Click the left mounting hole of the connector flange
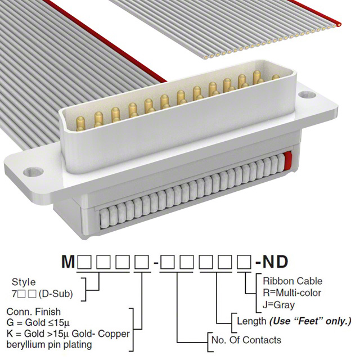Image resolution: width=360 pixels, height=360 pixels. click(x=33, y=172)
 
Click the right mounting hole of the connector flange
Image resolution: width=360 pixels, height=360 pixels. click(x=307, y=94)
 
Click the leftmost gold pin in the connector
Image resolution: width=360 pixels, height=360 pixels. click(x=80, y=124)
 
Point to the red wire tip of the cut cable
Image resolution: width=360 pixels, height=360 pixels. click(x=338, y=24)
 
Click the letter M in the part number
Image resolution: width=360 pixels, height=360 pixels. click(x=68, y=262)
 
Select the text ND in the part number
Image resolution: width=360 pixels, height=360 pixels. click(x=275, y=262)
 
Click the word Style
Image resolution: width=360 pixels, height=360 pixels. click(x=24, y=282)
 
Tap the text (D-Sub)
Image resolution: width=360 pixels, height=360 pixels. click(x=56, y=294)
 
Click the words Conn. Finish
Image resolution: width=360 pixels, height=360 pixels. click(x=34, y=312)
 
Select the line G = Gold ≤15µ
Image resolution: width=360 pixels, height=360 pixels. click(x=38, y=322)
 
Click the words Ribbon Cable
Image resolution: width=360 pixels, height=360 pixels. click(x=292, y=281)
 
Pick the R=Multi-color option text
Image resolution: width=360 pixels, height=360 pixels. click(x=292, y=293)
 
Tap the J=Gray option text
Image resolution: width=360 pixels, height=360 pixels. click(x=278, y=305)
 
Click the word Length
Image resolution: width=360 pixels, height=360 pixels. click(x=251, y=321)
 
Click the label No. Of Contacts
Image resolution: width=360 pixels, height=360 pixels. click(x=246, y=340)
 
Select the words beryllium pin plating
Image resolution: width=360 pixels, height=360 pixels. click(x=49, y=345)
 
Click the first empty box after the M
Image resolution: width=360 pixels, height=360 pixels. click(x=84, y=262)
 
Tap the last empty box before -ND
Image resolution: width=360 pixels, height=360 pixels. click(x=244, y=262)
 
